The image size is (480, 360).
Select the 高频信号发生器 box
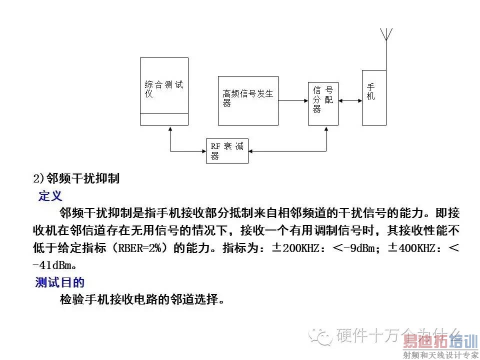pyautogui.click(x=248, y=100)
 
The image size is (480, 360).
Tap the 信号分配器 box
pyautogui.click(x=323, y=103)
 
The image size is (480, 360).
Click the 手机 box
pyautogui.click(x=374, y=97)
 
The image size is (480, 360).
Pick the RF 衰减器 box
pyautogui.click(x=227, y=150)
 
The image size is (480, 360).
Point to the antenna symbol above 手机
pyautogui.click(x=385, y=35)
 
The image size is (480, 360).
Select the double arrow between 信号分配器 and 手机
pyautogui.click(x=350, y=100)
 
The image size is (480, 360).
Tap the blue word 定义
pyautogui.click(x=50, y=195)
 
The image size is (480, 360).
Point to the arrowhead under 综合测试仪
pyautogui.click(x=170, y=128)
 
